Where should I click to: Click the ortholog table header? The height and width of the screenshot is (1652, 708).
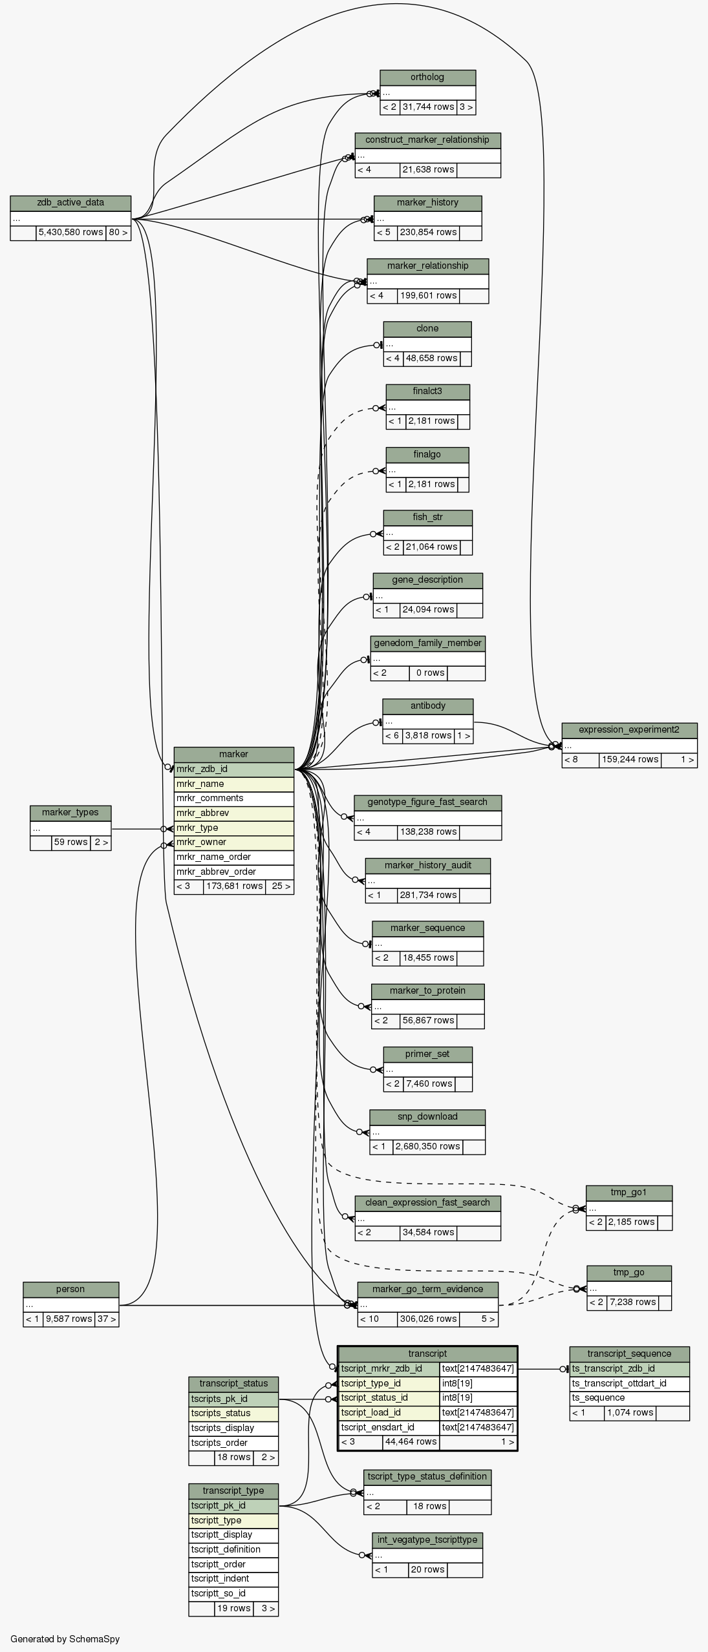[427, 78]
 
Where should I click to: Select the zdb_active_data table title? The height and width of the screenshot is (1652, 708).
[70, 203]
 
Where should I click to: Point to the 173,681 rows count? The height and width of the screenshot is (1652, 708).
[234, 886]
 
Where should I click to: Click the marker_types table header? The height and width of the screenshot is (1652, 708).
[70, 813]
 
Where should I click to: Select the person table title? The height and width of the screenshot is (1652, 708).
[70, 1289]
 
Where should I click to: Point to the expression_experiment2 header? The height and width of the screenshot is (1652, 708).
[628, 730]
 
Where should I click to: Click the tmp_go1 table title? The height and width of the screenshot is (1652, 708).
[628, 1193]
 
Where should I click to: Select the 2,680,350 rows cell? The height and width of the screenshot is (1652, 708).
[427, 1147]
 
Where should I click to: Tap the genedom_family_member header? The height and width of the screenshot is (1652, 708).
[427, 643]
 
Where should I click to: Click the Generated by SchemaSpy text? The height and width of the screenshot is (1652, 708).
[65, 1639]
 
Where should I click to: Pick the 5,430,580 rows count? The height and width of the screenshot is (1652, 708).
[70, 233]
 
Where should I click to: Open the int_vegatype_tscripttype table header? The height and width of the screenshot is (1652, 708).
[427, 1540]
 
